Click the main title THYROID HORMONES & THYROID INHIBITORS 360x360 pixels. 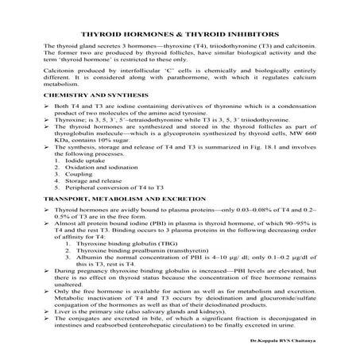click(180, 35)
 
